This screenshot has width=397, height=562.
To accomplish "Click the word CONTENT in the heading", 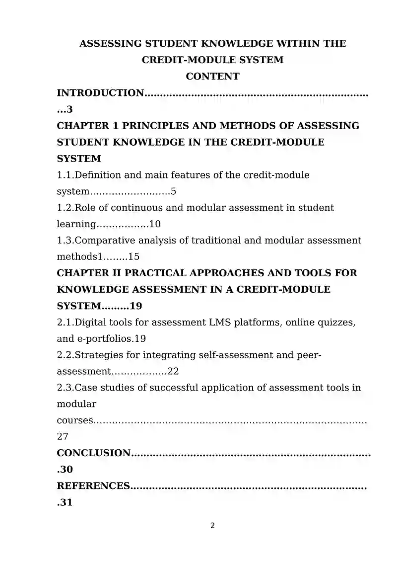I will (212, 77).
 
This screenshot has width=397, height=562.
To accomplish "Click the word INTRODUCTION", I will (100, 93).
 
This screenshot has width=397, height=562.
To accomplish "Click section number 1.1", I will (65, 175).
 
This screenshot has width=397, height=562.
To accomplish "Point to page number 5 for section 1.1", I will (174, 191).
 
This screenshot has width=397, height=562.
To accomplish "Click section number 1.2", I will (65, 208).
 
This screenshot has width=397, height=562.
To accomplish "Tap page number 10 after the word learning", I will (155, 224).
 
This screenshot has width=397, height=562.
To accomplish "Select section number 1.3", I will (65, 241).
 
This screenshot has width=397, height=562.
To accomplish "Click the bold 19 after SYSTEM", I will (136, 306).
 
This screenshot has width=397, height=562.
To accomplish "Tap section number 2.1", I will (65, 322).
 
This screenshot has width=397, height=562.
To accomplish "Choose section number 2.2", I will (65, 355).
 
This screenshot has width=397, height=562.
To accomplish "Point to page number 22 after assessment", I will (173, 372).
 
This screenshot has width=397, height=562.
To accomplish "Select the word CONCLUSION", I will (94, 453).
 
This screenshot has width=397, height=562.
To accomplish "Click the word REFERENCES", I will (93, 486).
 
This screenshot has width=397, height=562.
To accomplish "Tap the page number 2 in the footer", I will (212, 526).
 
